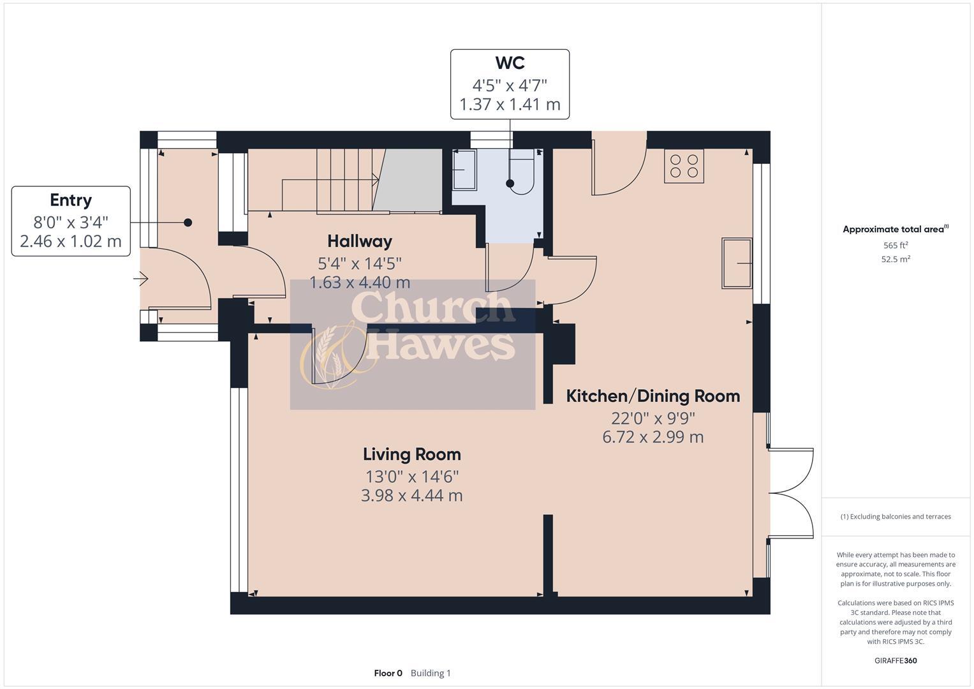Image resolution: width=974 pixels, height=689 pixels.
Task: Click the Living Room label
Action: pyautogui.click(x=411, y=454)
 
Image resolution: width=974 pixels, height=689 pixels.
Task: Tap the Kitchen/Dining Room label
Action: pyautogui.click(x=653, y=396)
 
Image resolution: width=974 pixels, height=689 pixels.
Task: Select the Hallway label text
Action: pyautogui.click(x=359, y=241)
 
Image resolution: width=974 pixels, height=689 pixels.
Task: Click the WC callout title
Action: pyautogui.click(x=510, y=63)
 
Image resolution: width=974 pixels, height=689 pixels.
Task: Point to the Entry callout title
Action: pyautogui.click(x=71, y=200)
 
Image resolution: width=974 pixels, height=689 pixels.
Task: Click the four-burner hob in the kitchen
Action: pyautogui.click(x=684, y=166)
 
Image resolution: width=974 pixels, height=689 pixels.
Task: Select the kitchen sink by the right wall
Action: pyautogui.click(x=736, y=262)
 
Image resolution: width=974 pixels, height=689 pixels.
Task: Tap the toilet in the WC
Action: pyautogui.click(x=523, y=172)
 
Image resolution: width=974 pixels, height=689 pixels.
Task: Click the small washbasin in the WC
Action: pyautogui.click(x=464, y=170)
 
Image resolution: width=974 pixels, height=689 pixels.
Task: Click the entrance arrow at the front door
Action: pyautogui.click(x=141, y=279)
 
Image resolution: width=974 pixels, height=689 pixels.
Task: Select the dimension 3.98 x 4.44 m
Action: pyautogui.click(x=411, y=496)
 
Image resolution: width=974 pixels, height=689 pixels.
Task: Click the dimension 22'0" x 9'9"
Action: pyautogui.click(x=653, y=419)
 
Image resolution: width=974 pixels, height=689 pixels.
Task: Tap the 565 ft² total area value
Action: pyautogui.click(x=895, y=245)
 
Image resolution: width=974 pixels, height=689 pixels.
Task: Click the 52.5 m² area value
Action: pyautogui.click(x=895, y=259)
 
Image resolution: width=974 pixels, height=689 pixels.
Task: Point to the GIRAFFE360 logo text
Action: pyautogui.click(x=895, y=660)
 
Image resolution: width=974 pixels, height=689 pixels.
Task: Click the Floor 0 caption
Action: pyautogui.click(x=388, y=673)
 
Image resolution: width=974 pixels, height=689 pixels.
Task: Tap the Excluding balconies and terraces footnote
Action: pyautogui.click(x=895, y=516)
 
